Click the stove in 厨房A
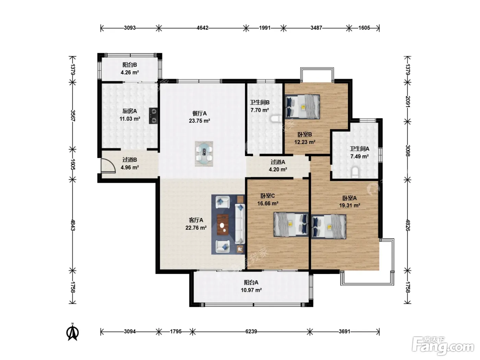pos(153,116)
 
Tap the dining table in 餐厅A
pos(204,154)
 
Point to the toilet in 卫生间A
pos(355,172)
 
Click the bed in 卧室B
pos(302,107)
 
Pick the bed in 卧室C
pos(291,225)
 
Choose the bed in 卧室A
pos(329,226)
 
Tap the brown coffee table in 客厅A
pos(223,225)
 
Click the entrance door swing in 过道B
pos(108,166)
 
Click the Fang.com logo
pos(443,346)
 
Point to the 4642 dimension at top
pos(203,28)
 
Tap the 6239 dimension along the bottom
pos(251,332)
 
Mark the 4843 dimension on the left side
pos(73,225)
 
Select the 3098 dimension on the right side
pos(408,151)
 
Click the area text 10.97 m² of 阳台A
pos(251,290)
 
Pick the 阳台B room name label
pos(130,65)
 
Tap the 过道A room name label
pos(278,162)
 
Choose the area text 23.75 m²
pos(200,121)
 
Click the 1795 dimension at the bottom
pos(176,332)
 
